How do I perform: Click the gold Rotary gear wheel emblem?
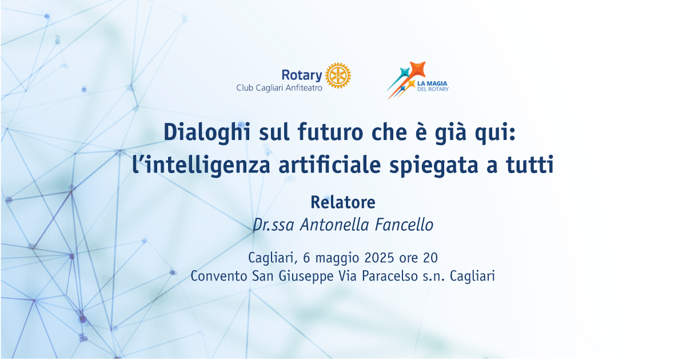click(x=338, y=75)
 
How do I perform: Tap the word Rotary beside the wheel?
click(x=302, y=75)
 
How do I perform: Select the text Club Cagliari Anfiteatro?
click(x=279, y=88)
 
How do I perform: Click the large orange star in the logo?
click(x=418, y=70)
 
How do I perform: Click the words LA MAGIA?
click(x=432, y=83)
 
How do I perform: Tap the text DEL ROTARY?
click(x=433, y=89)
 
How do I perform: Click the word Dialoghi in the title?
click(x=207, y=132)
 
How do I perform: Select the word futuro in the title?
click(x=330, y=132)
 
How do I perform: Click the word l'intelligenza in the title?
click(x=201, y=166)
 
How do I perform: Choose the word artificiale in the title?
click(x=330, y=165)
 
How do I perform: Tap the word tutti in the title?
click(x=529, y=165)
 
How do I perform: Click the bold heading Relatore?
click(x=343, y=202)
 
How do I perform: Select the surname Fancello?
click(x=404, y=225)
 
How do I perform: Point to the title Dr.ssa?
click(x=273, y=225)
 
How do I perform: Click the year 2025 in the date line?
click(x=379, y=258)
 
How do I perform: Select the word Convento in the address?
click(x=218, y=276)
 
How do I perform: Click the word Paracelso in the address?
click(x=390, y=276)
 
